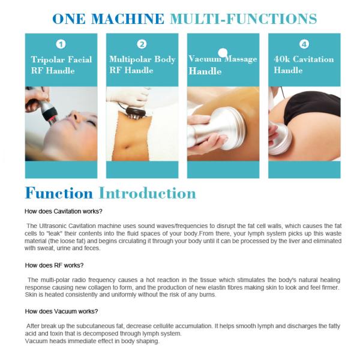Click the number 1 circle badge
(x=61, y=44)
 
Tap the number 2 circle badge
(x=142, y=44)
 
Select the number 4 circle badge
(x=304, y=44)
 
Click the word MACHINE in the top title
(x=125, y=18)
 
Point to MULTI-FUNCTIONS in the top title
(x=243, y=18)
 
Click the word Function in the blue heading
(x=59, y=193)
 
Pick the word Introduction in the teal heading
(x=148, y=193)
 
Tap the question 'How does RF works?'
(x=54, y=265)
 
